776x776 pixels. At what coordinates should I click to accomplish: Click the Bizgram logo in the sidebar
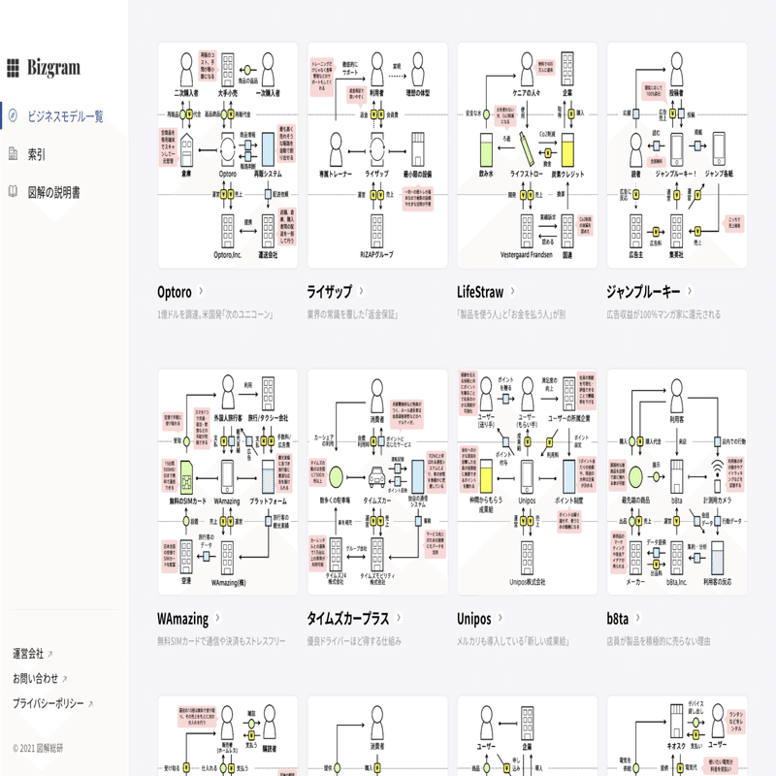click(44, 67)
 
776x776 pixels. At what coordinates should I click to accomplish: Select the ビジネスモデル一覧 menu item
click(65, 116)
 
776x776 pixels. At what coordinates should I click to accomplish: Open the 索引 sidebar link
click(36, 154)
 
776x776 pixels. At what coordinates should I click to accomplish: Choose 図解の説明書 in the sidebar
click(53, 192)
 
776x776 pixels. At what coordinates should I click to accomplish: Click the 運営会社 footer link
click(28, 653)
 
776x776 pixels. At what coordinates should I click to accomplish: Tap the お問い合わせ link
click(35, 678)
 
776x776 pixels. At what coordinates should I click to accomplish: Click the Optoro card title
click(176, 291)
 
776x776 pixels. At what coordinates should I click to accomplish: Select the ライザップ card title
click(329, 291)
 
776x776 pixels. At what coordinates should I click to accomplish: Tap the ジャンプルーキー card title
click(643, 291)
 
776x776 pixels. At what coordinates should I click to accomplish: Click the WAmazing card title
click(182, 618)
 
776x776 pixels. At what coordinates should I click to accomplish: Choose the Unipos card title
click(473, 618)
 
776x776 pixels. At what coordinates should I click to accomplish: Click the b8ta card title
click(621, 618)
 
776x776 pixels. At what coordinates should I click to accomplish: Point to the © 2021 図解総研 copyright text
click(38, 748)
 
